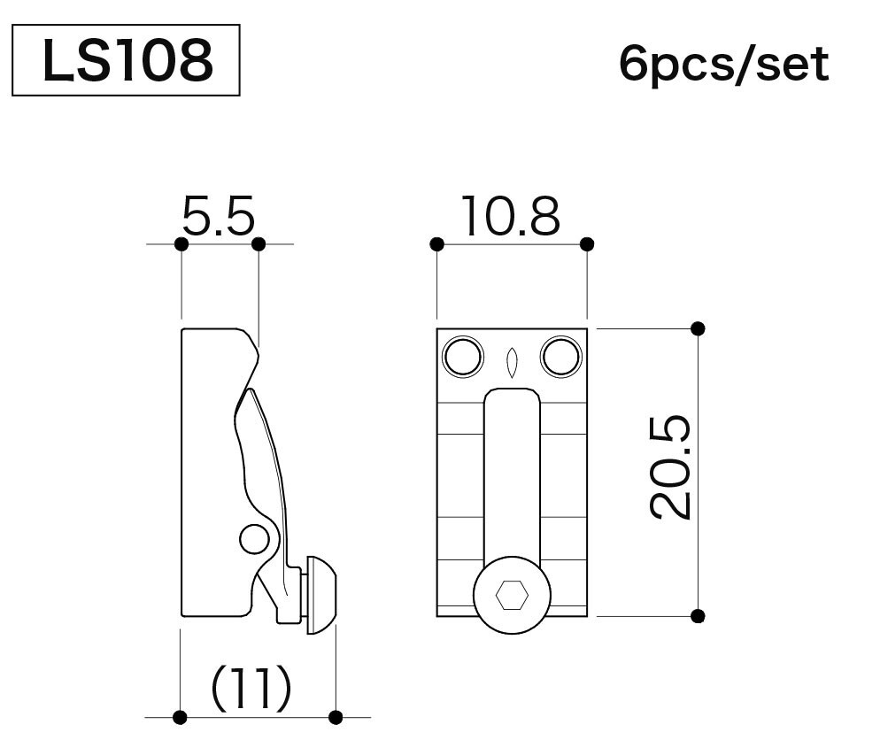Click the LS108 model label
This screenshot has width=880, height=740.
(x=127, y=60)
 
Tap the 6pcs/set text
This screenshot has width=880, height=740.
(x=724, y=65)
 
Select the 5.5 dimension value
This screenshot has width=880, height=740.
(x=219, y=215)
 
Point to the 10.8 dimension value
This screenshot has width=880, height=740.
(x=511, y=215)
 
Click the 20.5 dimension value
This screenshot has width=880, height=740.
(x=670, y=467)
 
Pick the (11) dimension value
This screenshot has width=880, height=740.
(x=251, y=688)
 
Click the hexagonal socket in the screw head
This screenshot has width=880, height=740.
(x=512, y=595)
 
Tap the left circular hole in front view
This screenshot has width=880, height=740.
(x=463, y=356)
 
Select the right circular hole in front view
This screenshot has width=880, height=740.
(x=561, y=356)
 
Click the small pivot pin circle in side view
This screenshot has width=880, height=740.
(x=254, y=539)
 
